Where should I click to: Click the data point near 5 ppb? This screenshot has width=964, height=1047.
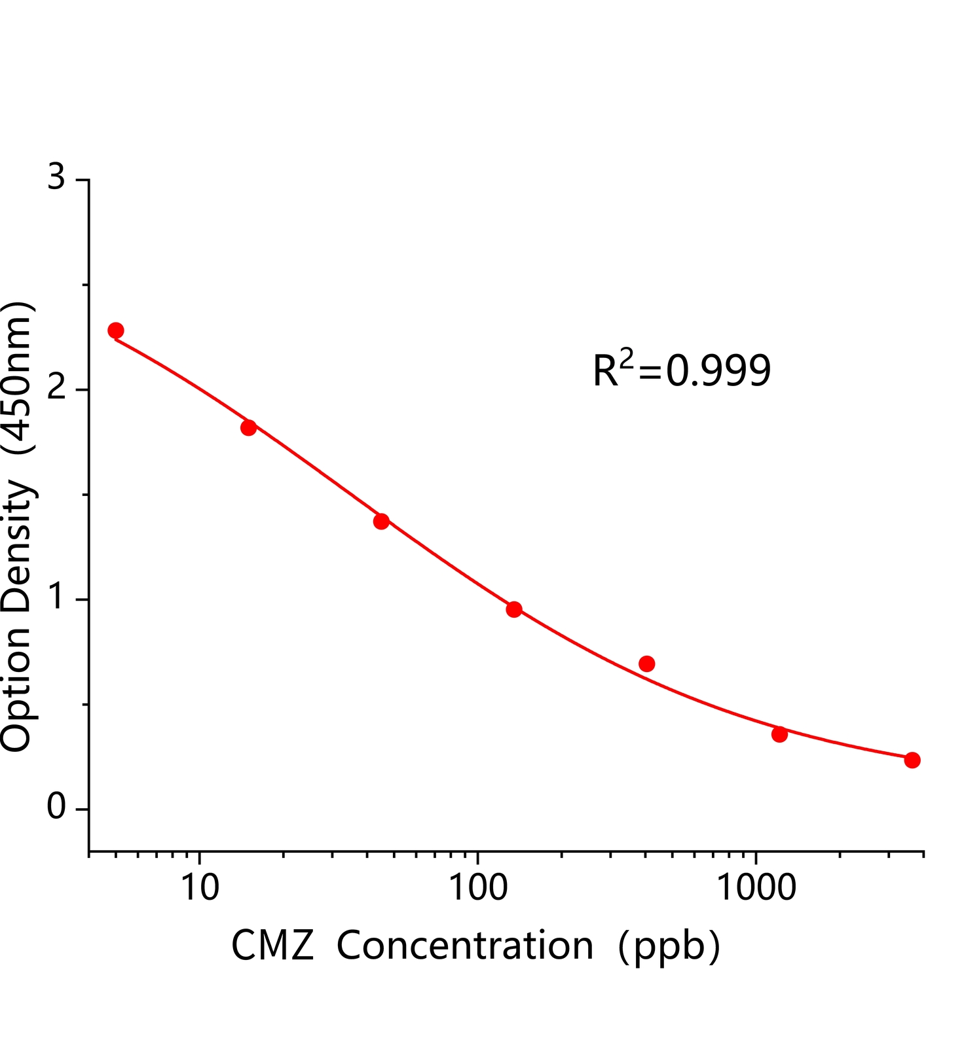[116, 330]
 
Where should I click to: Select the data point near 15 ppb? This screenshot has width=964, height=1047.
[248, 428]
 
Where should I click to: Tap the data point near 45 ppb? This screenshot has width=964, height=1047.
[381, 522]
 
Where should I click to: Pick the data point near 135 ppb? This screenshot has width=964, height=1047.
[514, 610]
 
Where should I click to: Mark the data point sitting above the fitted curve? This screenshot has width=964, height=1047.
[647, 664]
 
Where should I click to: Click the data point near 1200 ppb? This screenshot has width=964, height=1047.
[779, 734]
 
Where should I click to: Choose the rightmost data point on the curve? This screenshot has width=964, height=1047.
[912, 760]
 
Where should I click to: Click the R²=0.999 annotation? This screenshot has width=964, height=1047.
[681, 370]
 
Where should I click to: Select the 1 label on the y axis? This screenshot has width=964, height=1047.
[57, 597]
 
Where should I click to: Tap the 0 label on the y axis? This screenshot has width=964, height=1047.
[57, 808]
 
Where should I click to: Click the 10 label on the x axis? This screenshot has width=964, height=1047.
[199, 889]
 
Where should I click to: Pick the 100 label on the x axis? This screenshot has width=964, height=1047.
[477, 889]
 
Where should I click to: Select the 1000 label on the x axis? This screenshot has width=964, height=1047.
[756, 889]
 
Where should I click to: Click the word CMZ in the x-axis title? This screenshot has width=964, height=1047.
[272, 946]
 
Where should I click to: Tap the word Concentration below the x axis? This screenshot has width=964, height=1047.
[465, 946]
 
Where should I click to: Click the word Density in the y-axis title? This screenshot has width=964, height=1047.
[16, 546]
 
